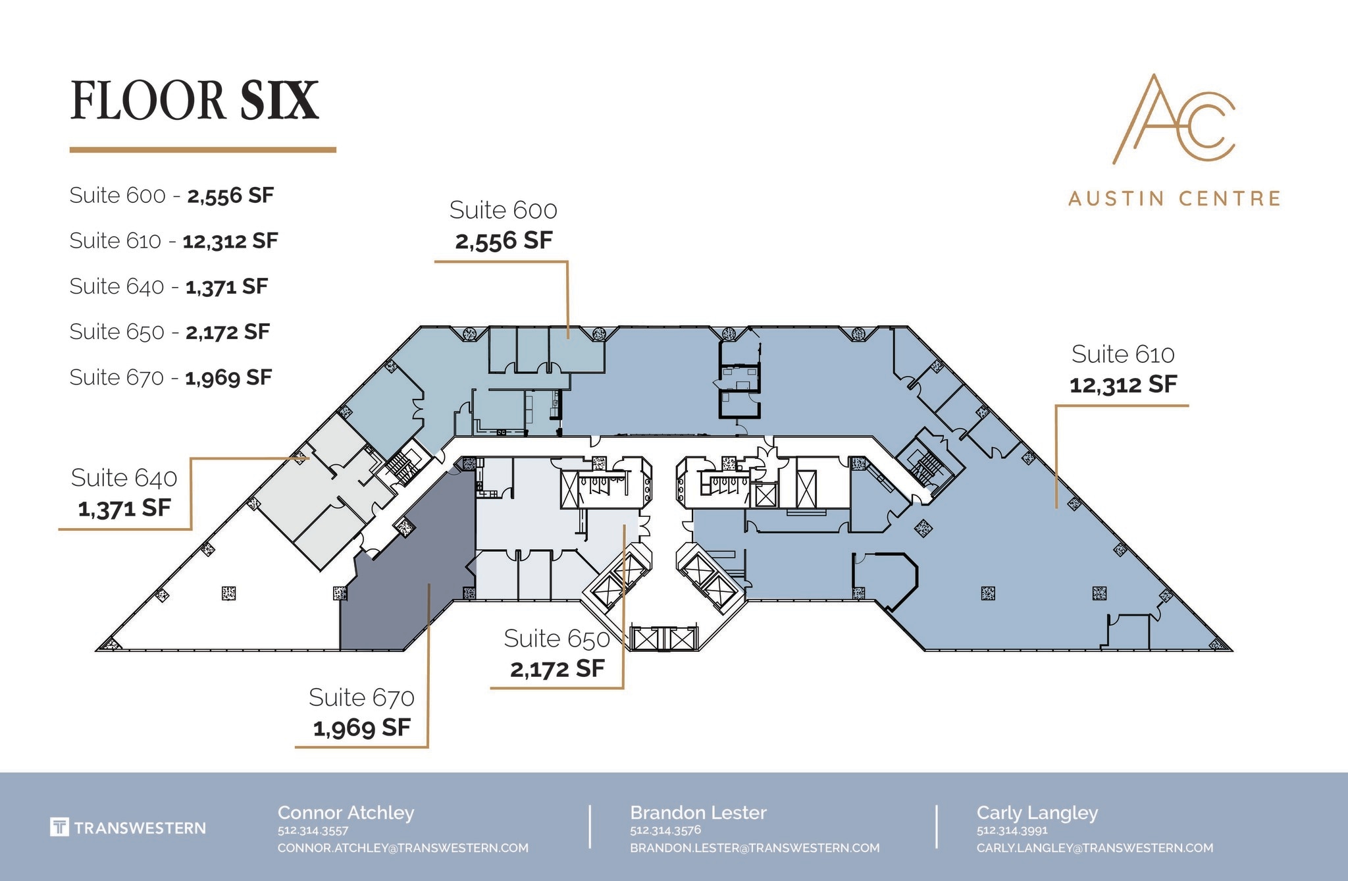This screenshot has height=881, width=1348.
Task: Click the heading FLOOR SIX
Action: click(x=194, y=101)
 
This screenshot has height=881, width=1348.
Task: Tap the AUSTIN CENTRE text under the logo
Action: click(x=1174, y=198)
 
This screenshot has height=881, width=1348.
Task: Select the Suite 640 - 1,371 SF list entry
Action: click(x=168, y=286)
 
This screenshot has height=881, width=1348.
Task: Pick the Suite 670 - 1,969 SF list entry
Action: click(x=170, y=377)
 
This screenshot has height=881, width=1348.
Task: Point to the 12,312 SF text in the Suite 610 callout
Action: click(x=1123, y=385)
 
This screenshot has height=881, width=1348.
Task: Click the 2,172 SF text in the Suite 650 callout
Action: click(x=557, y=669)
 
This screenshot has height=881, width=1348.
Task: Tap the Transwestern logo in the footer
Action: click(x=128, y=828)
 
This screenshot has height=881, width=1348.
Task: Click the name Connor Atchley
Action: click(x=346, y=813)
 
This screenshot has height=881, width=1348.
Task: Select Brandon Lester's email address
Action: click(x=754, y=848)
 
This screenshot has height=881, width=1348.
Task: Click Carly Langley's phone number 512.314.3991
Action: click(x=1012, y=830)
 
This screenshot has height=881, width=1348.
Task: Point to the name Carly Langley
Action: click(x=1037, y=813)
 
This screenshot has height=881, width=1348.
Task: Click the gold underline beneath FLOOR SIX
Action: click(x=203, y=150)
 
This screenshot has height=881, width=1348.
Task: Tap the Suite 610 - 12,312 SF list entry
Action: click(x=173, y=241)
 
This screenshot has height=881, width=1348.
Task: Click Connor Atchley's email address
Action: click(x=403, y=848)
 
